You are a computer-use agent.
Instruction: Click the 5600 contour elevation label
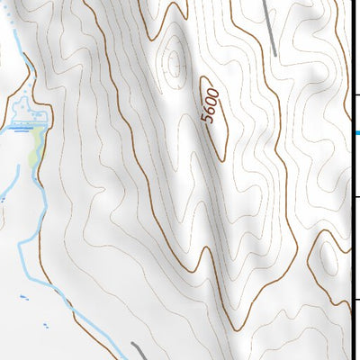click(211, 107)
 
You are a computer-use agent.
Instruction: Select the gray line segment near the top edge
click(270, 27)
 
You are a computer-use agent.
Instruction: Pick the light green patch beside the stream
click(36, 144)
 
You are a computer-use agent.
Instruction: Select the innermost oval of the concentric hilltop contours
click(173, 63)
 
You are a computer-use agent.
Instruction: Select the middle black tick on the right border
click(356, 197)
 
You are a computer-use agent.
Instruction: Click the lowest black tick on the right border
click(356, 300)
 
